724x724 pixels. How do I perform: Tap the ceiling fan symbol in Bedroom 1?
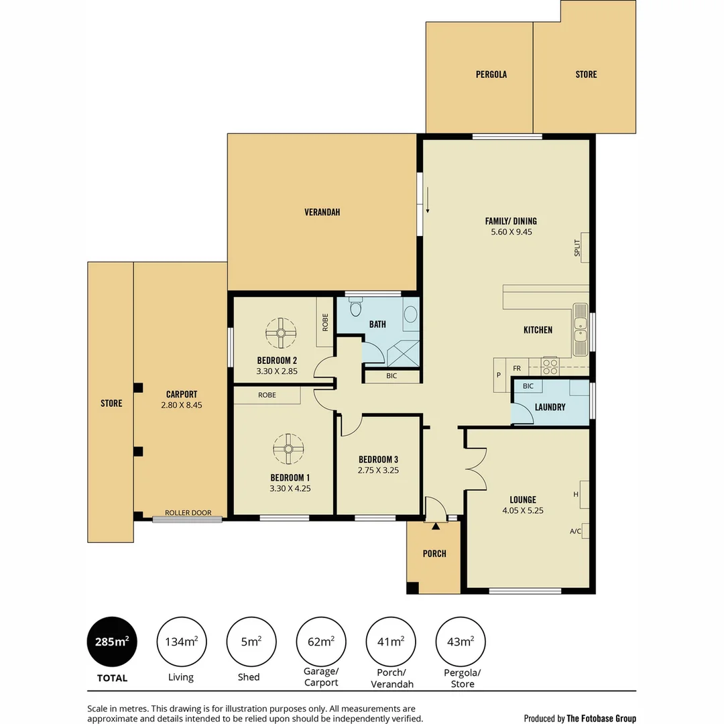pos(288,449)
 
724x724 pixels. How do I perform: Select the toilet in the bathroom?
pos(355,308)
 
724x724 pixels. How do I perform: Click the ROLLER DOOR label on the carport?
pos(188,513)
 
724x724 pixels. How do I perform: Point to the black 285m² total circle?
pos(112,642)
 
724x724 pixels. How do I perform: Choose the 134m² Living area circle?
pos(182,642)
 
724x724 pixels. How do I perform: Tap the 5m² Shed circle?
pos(251,642)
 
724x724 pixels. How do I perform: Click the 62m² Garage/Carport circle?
pos(321,642)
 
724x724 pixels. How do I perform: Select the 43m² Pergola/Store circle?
pos(461,642)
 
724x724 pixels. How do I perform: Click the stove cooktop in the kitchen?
pos(550,366)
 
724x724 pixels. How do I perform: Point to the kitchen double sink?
pos(580,330)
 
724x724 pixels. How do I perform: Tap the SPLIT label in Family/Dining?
pos(577,247)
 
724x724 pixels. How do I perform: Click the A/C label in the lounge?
pos(575,532)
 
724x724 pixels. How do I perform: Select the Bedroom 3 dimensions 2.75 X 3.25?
pos(378,470)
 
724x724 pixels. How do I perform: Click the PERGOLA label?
pos(491,74)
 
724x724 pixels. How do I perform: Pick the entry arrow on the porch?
pos(436,527)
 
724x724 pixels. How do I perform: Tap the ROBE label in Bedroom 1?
pos(267,396)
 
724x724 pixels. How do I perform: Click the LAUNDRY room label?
pos(550,407)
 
